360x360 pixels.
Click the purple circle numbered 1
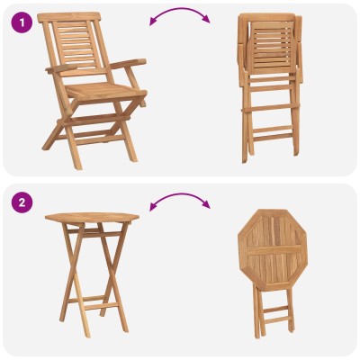(22, 22)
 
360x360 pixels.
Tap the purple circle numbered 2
(22, 202)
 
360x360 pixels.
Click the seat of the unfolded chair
(105, 90)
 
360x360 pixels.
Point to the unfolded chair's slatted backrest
(75, 43)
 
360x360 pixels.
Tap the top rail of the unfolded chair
(68, 17)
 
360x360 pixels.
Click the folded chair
(270, 88)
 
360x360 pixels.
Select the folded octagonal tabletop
(273, 249)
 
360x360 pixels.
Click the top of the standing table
(92, 217)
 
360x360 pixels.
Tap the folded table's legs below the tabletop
(273, 312)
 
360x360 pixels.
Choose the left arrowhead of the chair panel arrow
(153, 22)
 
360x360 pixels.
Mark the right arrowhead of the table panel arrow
(206, 204)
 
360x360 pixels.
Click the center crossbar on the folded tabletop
(274, 250)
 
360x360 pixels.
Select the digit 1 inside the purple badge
(22, 22)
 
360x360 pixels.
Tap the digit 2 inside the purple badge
(22, 202)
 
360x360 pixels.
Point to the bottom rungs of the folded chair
(273, 132)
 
